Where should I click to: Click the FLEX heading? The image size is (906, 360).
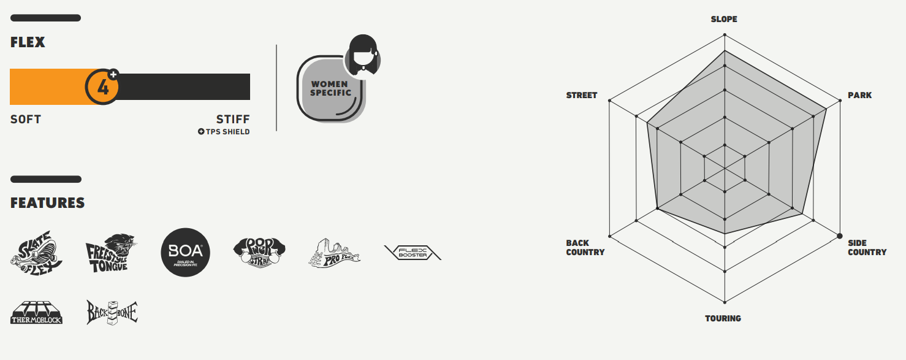coord(28,42)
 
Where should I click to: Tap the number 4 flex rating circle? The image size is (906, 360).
coord(102,86)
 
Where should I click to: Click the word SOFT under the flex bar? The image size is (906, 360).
coord(26,119)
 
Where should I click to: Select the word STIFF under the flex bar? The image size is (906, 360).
coord(233,119)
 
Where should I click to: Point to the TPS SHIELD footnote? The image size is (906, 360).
coord(224,131)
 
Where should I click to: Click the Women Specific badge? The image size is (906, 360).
coord(330,90)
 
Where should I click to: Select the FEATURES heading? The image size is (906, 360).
coord(47,203)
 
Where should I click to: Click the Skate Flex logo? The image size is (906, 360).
coord(36,252)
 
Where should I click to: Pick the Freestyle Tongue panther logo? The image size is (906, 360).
coord(110,252)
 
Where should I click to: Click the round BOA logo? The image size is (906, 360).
coord(185,252)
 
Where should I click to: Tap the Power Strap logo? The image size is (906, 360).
coord(260,252)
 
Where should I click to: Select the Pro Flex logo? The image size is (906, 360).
coord(334,252)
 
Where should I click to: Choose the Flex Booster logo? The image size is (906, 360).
coord(413,252)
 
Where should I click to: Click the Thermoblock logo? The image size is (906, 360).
coord(36,312)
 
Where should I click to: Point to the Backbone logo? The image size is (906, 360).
coord(111,312)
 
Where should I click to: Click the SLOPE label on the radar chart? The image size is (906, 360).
coord(724,19)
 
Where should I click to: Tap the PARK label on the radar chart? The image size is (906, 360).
coord(859,95)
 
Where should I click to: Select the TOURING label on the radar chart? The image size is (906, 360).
coord(723,318)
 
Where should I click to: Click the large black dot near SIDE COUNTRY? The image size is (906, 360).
coord(839,236)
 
